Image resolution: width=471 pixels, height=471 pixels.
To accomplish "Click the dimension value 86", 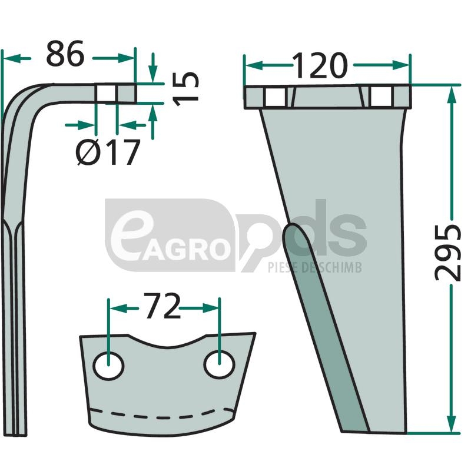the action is (65, 54).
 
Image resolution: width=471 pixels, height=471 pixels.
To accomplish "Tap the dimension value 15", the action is (186, 89).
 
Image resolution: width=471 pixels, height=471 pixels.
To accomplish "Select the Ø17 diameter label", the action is (108, 152).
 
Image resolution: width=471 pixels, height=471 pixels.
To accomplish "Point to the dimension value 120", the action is (320, 65).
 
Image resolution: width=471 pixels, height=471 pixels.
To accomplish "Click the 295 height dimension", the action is (448, 253).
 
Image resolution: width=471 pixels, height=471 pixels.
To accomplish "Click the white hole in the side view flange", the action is (106, 93).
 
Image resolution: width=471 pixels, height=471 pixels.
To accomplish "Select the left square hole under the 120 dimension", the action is (276, 97).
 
